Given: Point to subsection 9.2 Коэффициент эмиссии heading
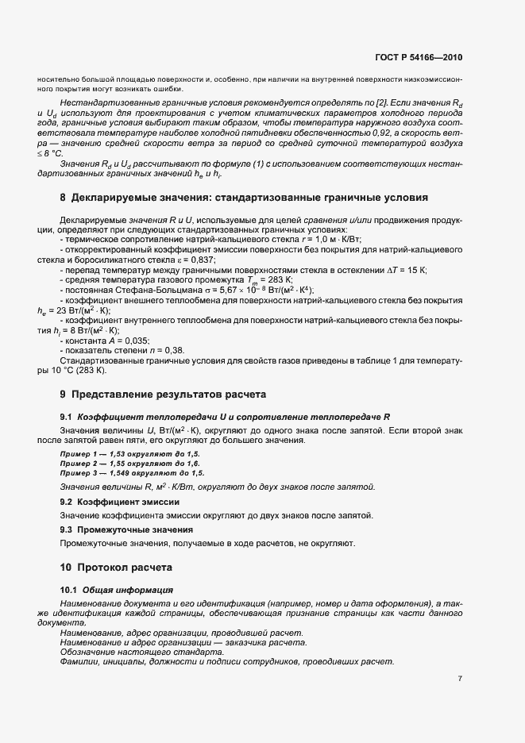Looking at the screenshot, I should pyautogui.click(x=113, y=502).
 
